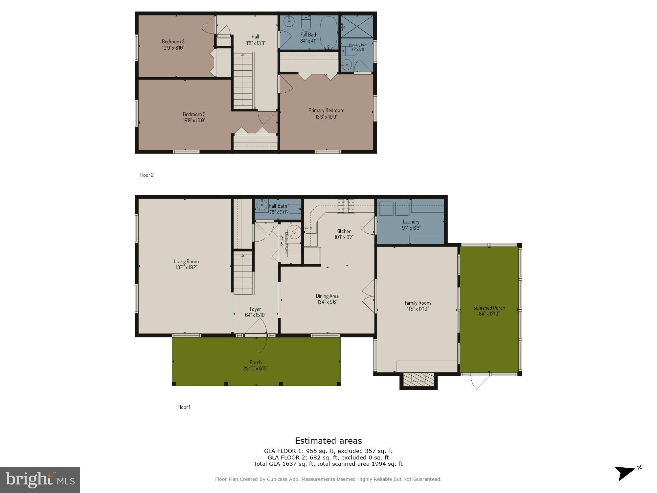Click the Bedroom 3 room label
coord(173,41)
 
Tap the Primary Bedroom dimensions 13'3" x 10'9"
coord(326,117)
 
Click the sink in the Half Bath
coord(262,205)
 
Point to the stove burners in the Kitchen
coord(346,206)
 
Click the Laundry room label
coord(411,222)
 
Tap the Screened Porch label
coord(489,308)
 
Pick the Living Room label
coord(186,261)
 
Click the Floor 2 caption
coord(147,175)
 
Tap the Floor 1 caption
coord(184,407)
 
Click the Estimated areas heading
coord(328,441)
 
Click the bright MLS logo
coord(40,480)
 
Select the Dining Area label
coord(327,296)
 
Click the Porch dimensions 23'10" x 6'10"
coord(256,368)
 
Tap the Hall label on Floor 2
coord(255,36)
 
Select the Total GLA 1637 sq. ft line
coord(328,464)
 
